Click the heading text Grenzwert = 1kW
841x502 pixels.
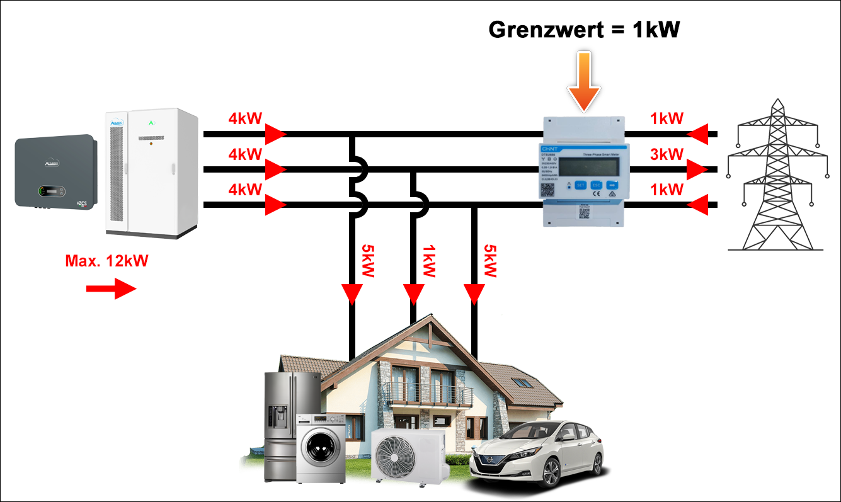585,29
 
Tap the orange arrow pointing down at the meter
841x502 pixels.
584,81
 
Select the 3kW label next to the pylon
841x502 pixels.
667,154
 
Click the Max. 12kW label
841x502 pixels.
106,260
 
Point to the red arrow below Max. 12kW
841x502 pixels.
110,289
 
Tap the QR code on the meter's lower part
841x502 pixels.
584,212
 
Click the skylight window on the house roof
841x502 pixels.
520,382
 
